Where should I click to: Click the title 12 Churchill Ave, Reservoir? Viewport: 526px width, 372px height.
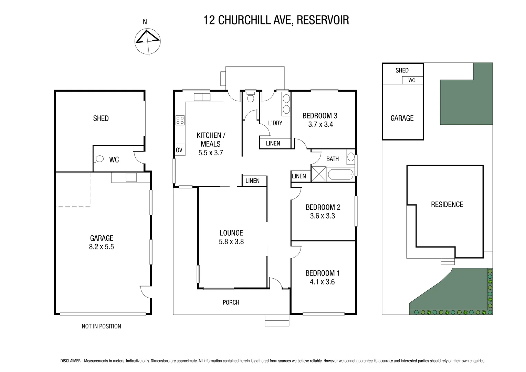(x=276, y=20)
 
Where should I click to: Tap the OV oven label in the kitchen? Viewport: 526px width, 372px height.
(x=179, y=150)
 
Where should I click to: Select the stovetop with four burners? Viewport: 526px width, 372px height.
(x=180, y=120)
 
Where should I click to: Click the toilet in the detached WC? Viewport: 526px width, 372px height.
(x=99, y=159)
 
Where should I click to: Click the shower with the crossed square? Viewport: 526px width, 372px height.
(x=318, y=174)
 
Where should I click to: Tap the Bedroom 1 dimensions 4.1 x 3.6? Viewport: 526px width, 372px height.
(x=322, y=282)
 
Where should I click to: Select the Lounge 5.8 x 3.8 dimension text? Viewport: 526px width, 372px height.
(x=231, y=242)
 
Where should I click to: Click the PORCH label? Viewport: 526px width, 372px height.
(x=231, y=302)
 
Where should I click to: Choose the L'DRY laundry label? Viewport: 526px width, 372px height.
(x=275, y=123)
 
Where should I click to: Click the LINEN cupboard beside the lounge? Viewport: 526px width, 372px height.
(x=252, y=181)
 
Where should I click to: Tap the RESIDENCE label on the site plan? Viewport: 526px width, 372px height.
(x=447, y=205)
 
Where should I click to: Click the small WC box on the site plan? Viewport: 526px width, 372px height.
(x=412, y=80)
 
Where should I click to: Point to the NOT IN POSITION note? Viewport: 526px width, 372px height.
(x=101, y=326)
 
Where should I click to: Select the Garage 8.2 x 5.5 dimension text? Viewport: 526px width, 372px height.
(x=101, y=247)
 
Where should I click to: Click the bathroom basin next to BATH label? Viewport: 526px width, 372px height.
(x=350, y=157)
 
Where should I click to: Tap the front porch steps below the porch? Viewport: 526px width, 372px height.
(x=277, y=320)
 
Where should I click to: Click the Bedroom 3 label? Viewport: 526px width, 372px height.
(x=320, y=116)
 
